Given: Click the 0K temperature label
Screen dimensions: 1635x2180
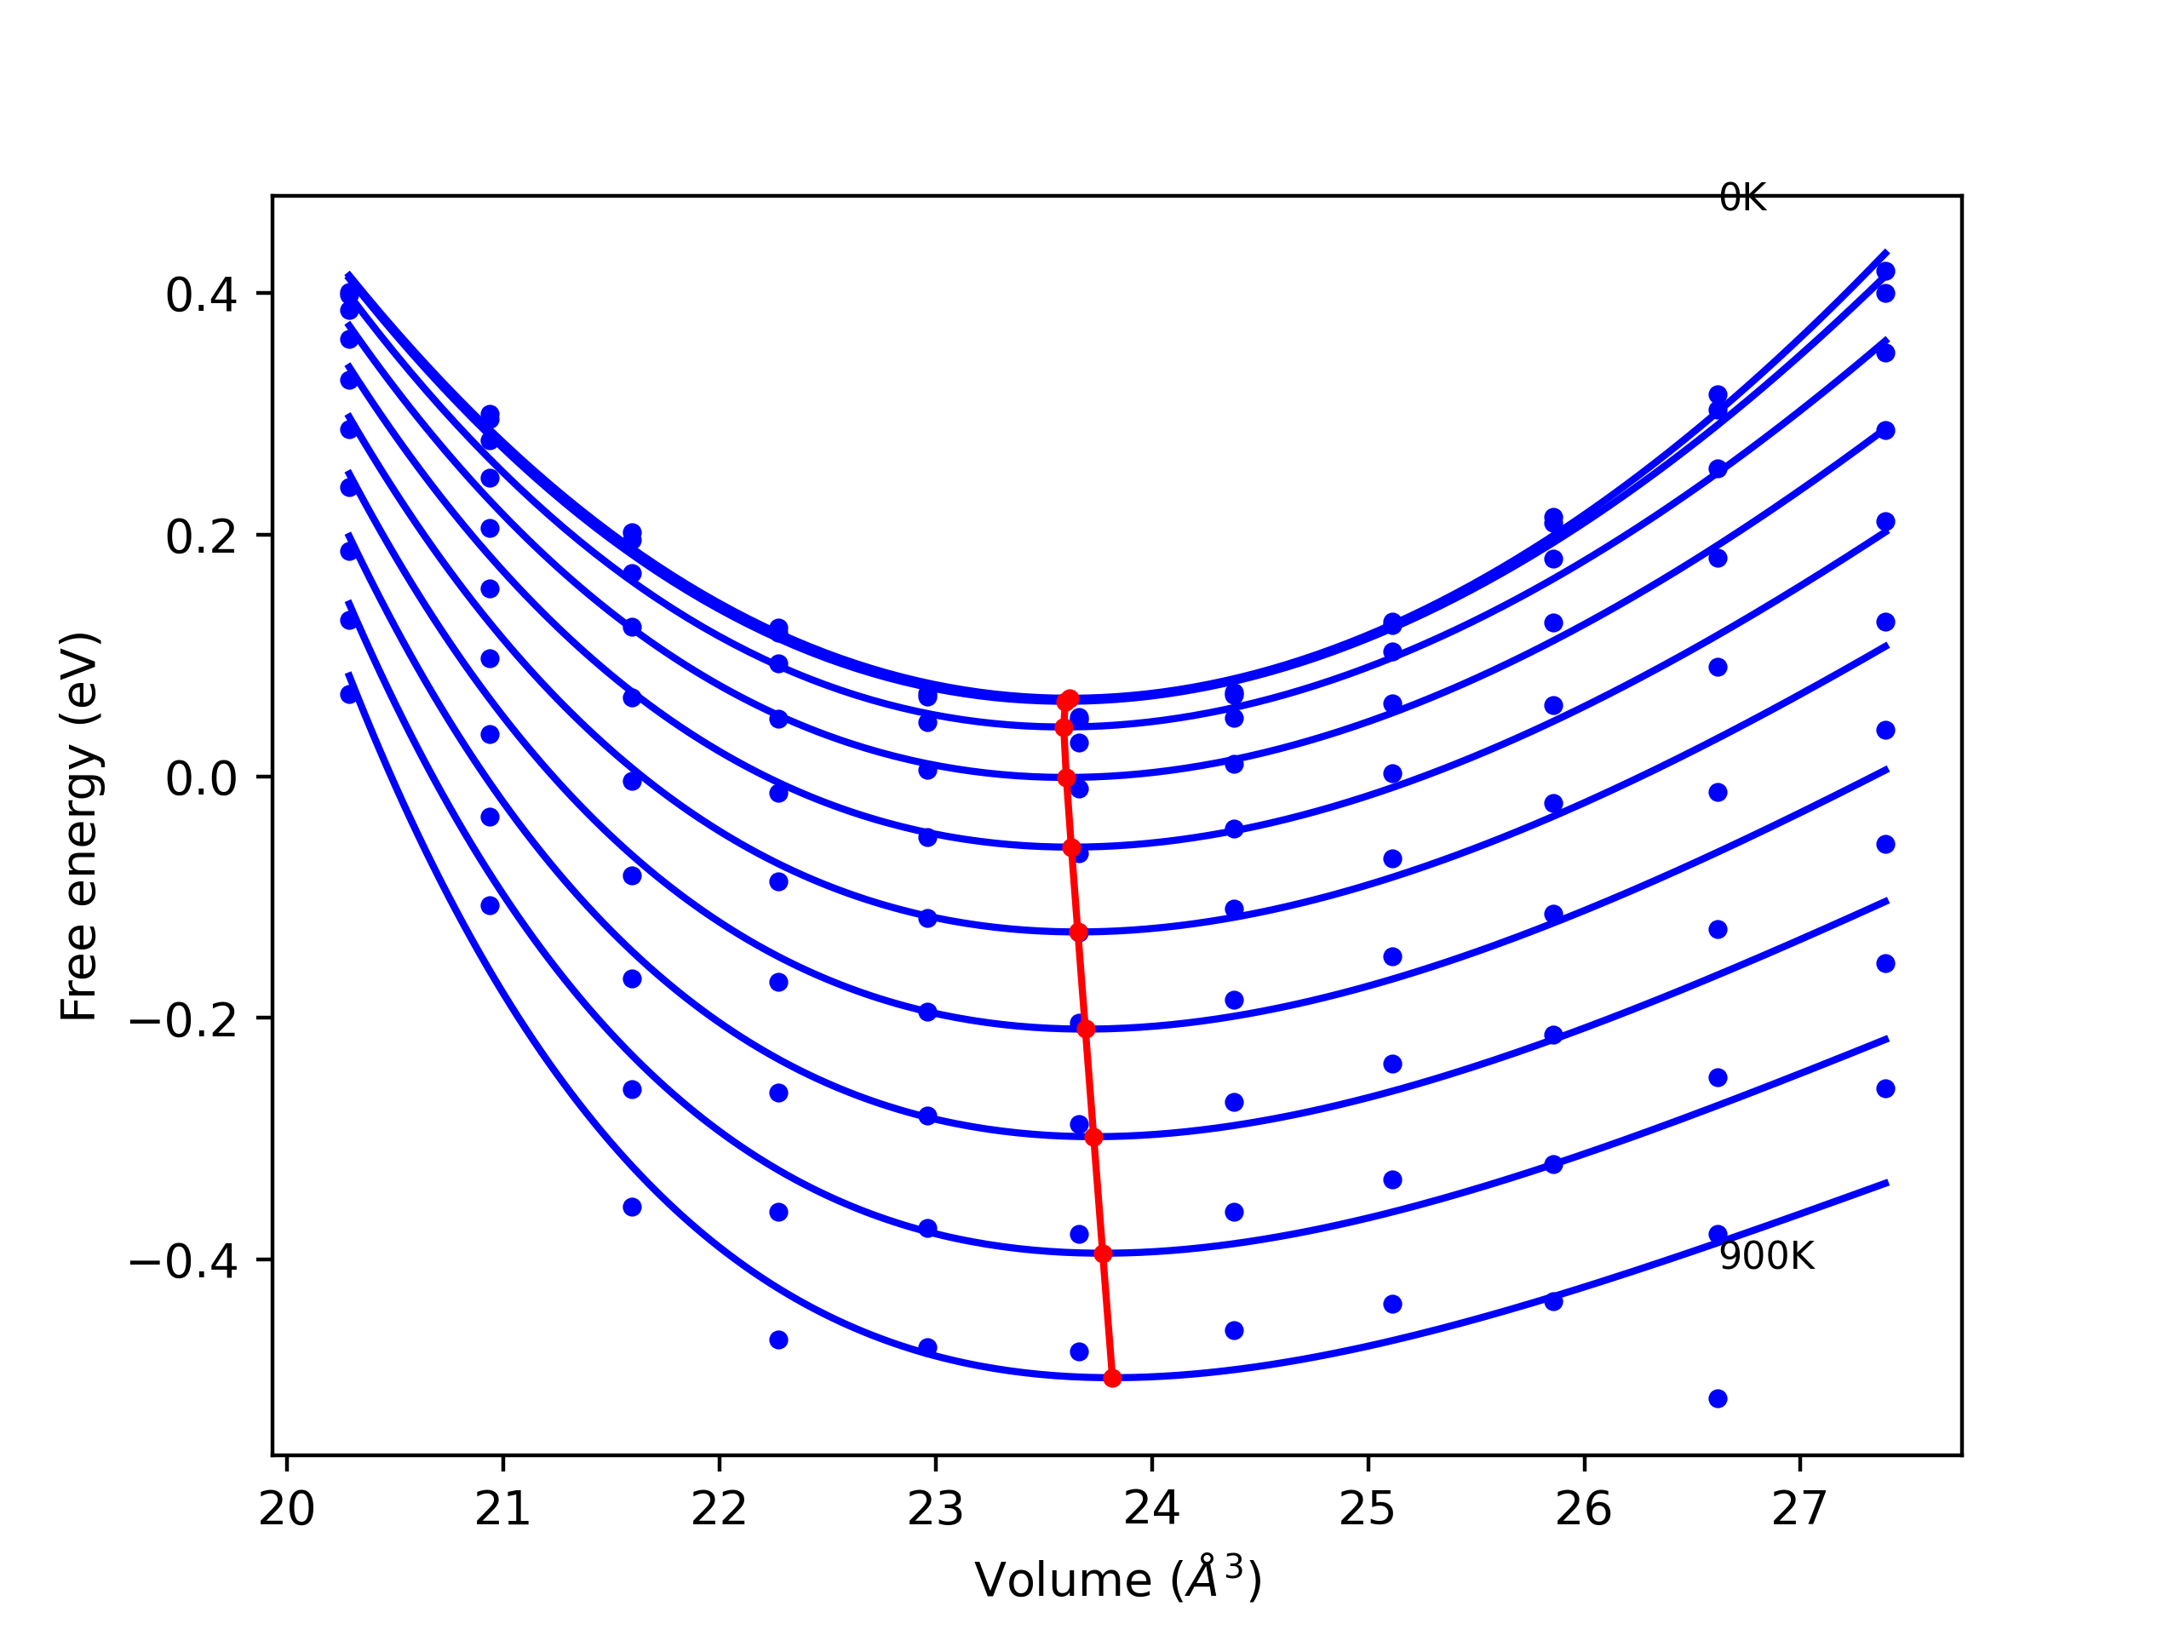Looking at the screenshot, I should pos(1741,198).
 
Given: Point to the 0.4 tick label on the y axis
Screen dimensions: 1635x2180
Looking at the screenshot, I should pos(201,295).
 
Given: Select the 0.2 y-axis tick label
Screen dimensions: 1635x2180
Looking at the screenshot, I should pos(201,536).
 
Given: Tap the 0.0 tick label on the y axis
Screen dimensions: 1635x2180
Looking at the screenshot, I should pos(201,778).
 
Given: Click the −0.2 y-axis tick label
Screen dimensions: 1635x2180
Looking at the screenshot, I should pos(182,1020).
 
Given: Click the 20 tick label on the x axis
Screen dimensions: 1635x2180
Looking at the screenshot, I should pos(287,1510).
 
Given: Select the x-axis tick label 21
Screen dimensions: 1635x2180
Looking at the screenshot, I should pos(502,1510).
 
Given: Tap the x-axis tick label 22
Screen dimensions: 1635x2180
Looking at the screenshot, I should pos(720,1510).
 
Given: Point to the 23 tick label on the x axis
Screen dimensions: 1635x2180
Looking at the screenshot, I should pos(935,1510).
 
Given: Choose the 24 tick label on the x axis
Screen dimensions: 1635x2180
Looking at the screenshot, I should pos(1152,1510).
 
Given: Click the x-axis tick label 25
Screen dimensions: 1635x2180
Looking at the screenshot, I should pos(1368,1510).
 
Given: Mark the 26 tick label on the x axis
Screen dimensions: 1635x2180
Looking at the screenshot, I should pos(1584,1510).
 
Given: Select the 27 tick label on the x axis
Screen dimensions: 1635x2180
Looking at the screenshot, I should pos(1800,1510).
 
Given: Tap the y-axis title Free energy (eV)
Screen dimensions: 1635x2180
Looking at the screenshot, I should pos(79,826).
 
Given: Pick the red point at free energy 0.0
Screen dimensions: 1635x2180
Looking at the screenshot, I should pos(1066,777).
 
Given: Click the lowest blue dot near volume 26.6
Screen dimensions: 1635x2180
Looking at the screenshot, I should pos(1718,1398).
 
